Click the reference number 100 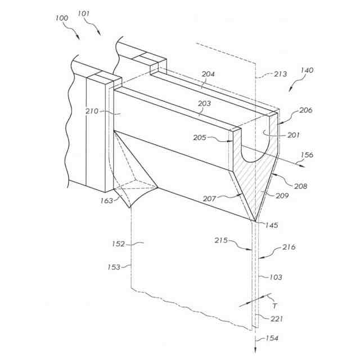[x=62, y=18]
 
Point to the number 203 [x=204, y=103]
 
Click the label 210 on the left [x=92, y=111]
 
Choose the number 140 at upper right [x=307, y=70]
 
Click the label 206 [x=305, y=110]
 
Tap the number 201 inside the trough [x=294, y=134]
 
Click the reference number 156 [x=323, y=155]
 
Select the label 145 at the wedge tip [x=272, y=225]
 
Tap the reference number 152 [x=118, y=244]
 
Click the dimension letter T [x=274, y=305]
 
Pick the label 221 [x=276, y=319]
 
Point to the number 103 [x=276, y=277]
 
